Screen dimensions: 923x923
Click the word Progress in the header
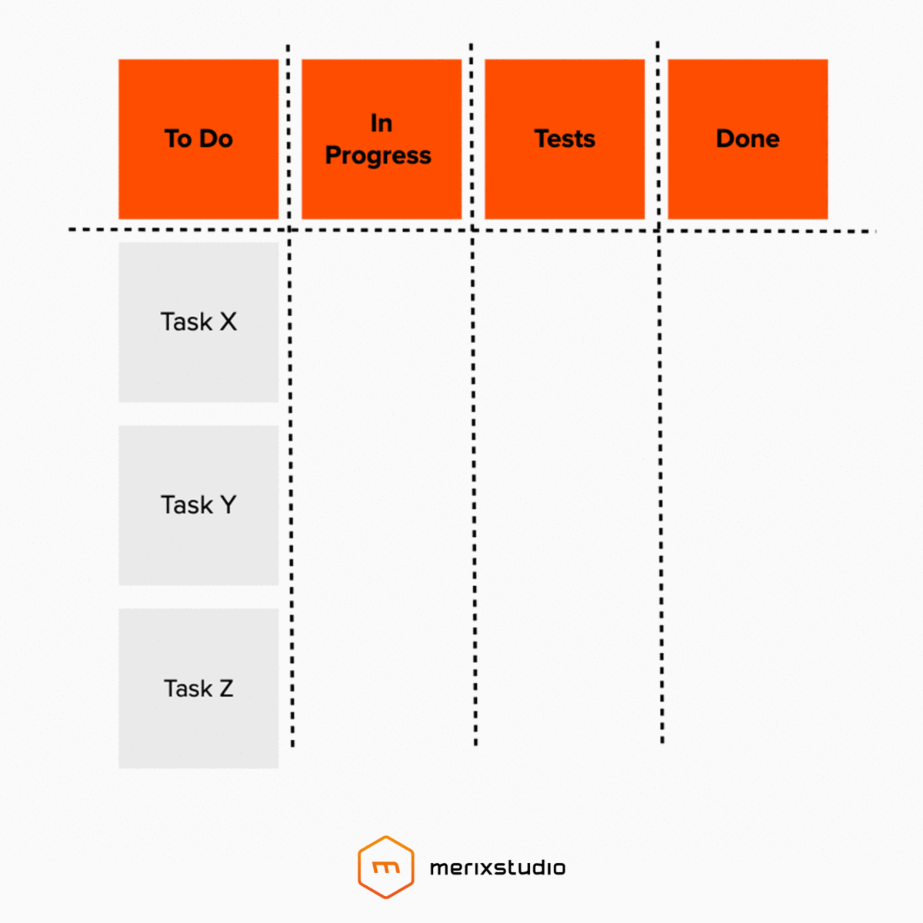[x=378, y=155]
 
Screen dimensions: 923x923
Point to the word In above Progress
[x=382, y=123]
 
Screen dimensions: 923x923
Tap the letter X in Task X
[x=228, y=322]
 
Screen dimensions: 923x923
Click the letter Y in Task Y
[x=228, y=505]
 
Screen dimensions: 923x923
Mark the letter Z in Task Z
[x=225, y=688]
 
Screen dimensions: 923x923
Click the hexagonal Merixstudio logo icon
[x=386, y=868]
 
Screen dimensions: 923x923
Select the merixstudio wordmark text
[x=498, y=868]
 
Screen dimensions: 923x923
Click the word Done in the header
[x=748, y=138]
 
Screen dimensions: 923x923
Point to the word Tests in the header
[x=565, y=138]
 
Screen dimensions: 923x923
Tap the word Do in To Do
[x=215, y=138]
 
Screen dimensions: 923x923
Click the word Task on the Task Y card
[x=187, y=505]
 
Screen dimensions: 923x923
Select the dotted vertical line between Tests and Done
[x=660, y=461]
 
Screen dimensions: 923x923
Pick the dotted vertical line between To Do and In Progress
[x=291, y=461]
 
